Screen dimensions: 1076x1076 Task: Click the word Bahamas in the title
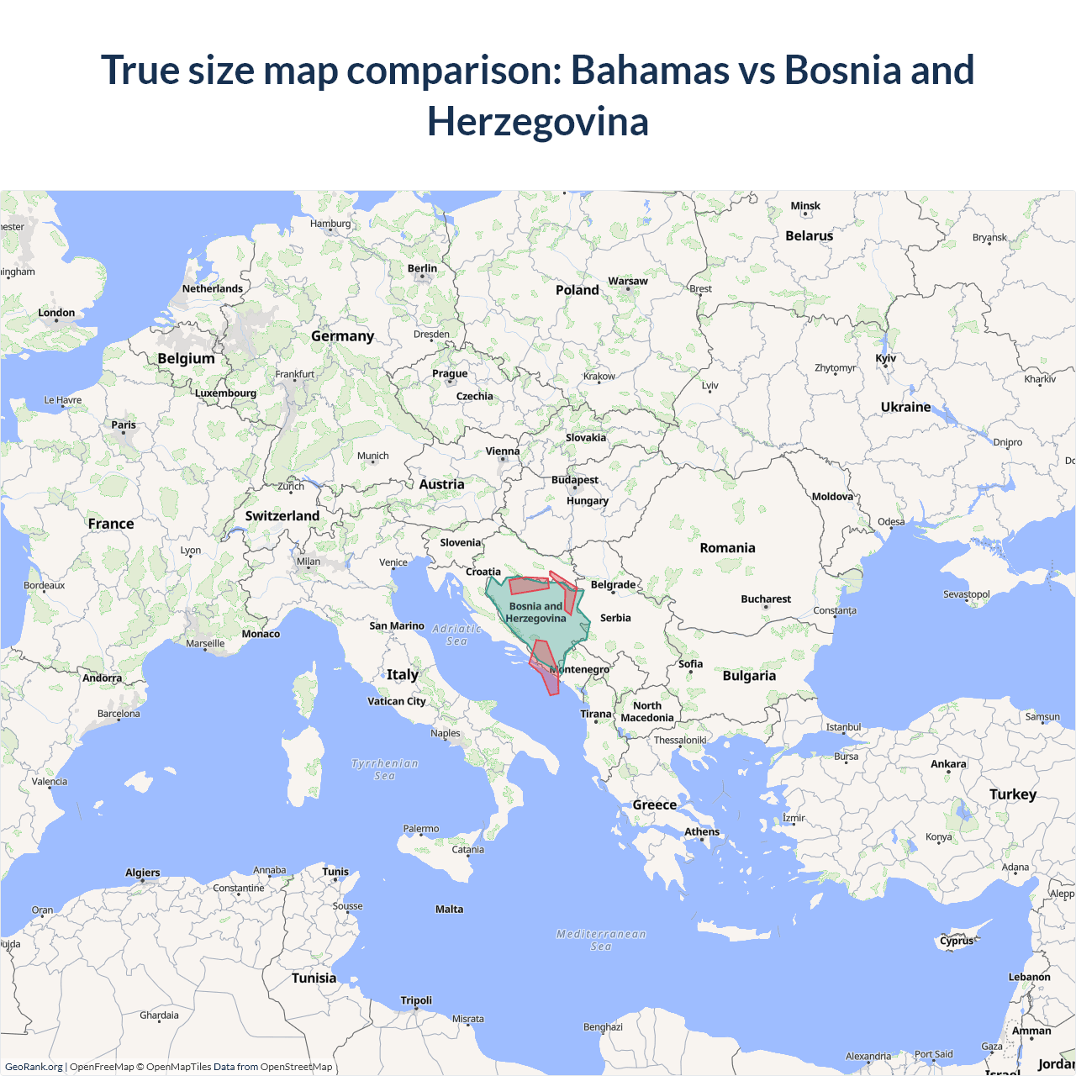650,70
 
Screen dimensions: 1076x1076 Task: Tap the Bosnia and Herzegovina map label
535,612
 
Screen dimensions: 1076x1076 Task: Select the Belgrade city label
613,584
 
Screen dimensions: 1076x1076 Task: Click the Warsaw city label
628,281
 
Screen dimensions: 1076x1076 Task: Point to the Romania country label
727,548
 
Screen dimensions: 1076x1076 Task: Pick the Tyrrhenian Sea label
385,769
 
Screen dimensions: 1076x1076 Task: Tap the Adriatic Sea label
456,635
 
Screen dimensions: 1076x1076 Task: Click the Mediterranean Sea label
601,940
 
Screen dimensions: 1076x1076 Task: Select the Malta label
449,909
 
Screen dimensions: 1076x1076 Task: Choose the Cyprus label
957,941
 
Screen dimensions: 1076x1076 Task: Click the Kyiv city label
886,358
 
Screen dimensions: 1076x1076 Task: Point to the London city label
56,313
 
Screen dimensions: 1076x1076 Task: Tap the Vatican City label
397,701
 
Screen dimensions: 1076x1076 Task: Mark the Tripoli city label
416,1000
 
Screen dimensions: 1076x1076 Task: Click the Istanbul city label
843,727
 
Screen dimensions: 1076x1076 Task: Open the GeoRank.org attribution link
34,1067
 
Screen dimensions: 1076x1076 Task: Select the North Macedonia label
647,712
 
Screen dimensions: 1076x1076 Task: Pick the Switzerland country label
282,516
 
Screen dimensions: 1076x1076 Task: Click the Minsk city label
805,206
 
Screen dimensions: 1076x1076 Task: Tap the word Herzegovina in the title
538,121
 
